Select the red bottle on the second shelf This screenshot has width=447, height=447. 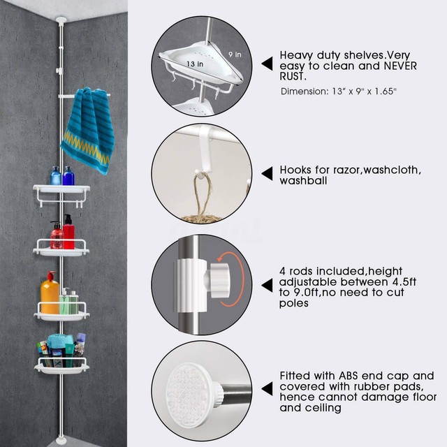click(68, 232)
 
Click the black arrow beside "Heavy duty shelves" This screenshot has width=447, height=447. click(266, 64)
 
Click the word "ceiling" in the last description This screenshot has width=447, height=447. click(323, 408)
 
